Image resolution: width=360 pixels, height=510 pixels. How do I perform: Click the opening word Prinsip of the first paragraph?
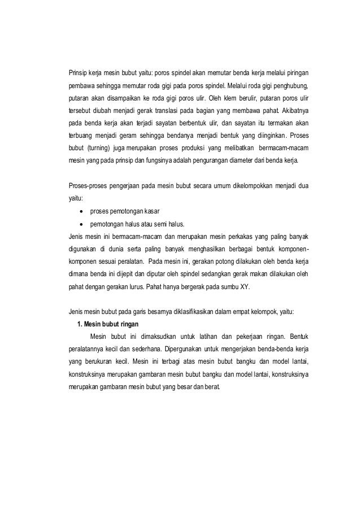coord(74,74)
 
